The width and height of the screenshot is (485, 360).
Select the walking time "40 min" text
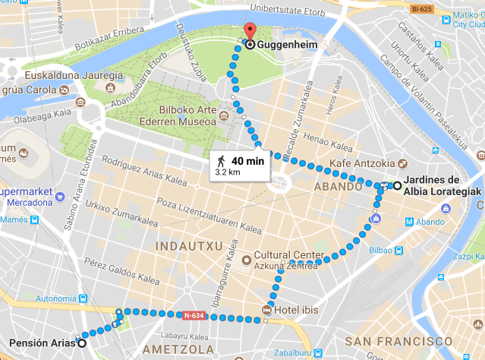coord(247,160)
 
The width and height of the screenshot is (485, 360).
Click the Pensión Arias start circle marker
coord(81,343)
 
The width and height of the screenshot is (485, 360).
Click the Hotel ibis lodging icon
coord(266,309)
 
